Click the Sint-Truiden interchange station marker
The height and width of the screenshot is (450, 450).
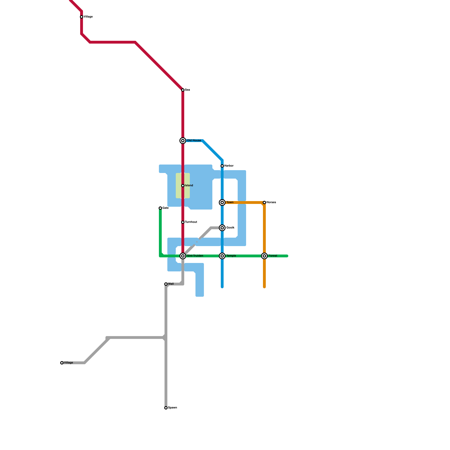183,256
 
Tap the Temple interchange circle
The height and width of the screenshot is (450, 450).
222,256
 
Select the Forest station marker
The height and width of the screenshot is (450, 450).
264,256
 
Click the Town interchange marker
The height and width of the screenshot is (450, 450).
222,202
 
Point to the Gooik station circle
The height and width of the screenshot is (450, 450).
222,228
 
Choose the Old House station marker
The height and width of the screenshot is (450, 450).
183,141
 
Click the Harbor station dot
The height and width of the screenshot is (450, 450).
222,166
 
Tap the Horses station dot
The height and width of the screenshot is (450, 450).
264,202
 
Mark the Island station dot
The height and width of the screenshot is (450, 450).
183,186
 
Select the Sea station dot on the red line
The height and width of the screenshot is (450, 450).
183,90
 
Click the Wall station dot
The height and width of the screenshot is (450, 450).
166,284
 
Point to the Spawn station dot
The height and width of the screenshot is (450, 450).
166,408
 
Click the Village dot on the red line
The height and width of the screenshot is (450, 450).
82,17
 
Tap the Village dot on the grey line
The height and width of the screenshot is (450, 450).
62,363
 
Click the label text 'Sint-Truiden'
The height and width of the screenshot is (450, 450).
195,256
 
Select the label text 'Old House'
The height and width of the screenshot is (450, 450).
194,141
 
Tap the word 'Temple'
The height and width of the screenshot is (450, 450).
231,256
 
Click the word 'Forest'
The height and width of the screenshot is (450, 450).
273,256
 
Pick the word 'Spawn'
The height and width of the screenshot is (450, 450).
172,408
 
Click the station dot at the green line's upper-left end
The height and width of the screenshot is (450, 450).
160,208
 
